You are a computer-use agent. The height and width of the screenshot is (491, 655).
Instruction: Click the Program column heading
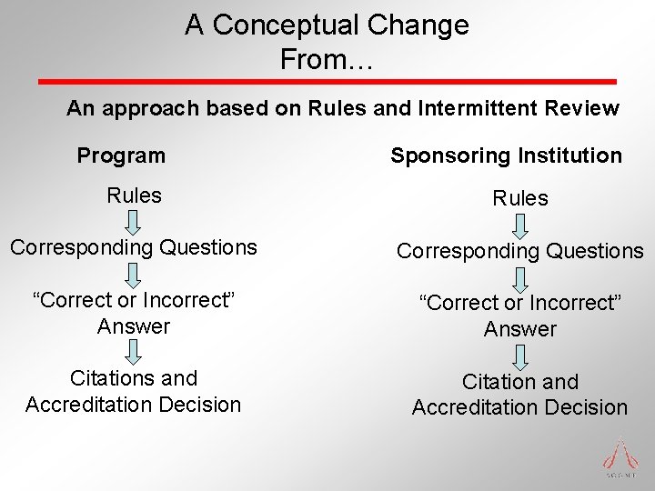121,155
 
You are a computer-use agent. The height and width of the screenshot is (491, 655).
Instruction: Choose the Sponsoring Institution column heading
506,155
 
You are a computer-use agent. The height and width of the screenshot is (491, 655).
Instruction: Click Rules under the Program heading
134,195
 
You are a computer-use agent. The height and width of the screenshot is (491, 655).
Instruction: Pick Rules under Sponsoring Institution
520,198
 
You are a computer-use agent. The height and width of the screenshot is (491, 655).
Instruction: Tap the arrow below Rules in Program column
134,221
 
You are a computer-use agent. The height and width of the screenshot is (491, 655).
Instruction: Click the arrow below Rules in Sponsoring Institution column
520,224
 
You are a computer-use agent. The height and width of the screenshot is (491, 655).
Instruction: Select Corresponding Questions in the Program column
133,246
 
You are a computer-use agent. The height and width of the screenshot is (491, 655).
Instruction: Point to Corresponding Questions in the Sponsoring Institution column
519,251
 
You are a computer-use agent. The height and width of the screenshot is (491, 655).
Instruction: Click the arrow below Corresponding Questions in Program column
134,273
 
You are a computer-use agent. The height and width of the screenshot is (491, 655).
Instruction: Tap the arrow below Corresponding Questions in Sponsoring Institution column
520,276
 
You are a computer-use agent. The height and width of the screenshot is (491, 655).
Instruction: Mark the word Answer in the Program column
134,326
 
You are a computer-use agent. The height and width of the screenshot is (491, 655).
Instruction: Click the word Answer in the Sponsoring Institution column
520,329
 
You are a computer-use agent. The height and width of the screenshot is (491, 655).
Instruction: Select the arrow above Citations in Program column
134,351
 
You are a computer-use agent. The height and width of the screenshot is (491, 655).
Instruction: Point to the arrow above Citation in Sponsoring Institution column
520,355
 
